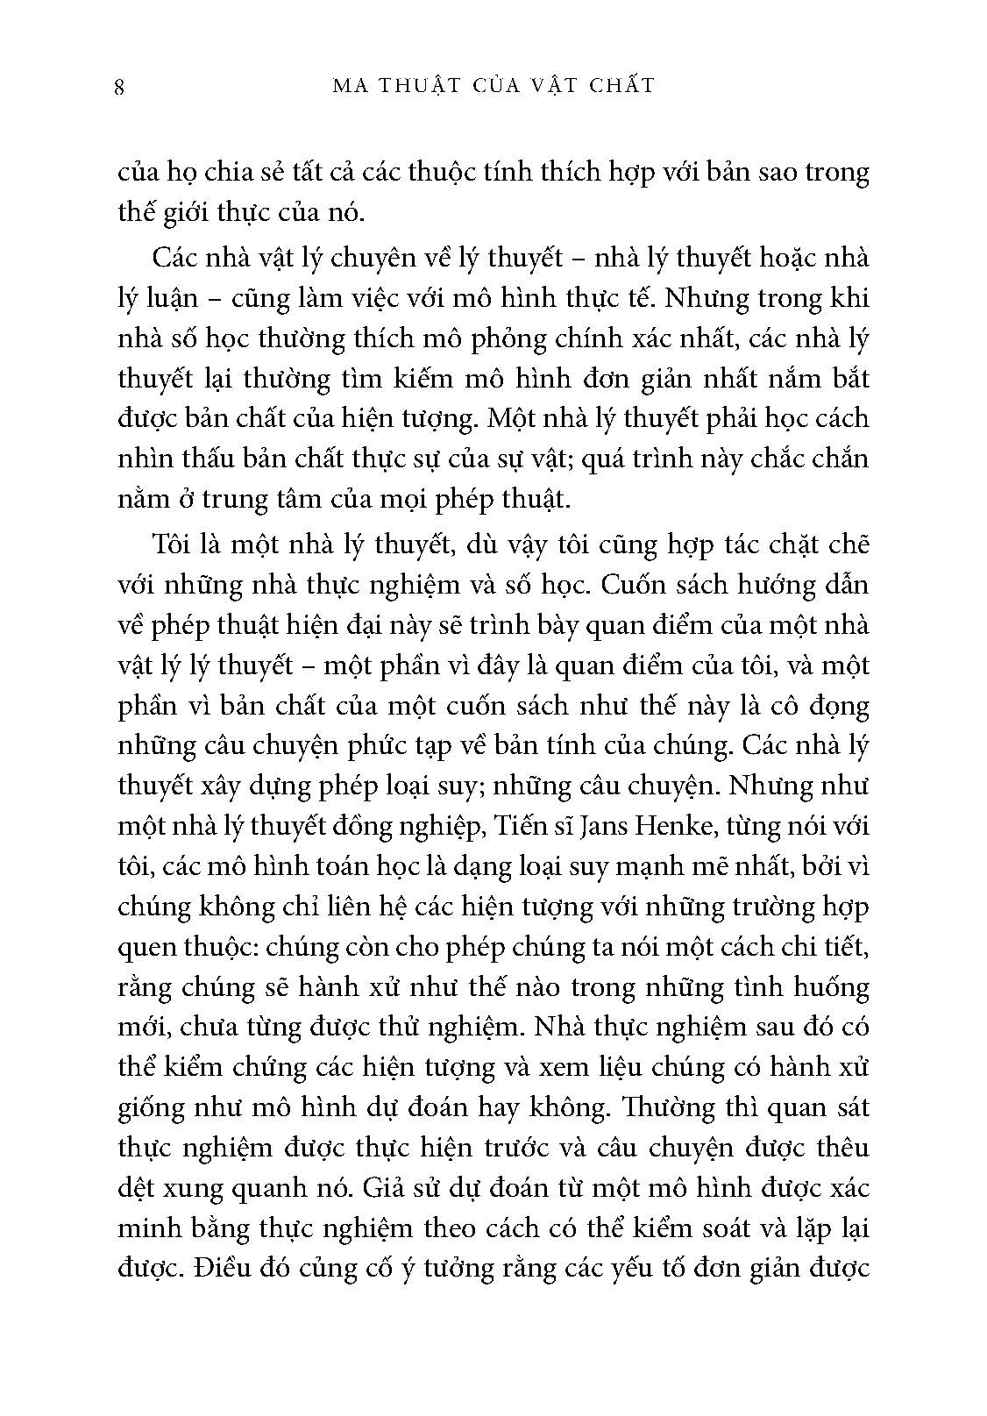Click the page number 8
[x=119, y=87]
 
